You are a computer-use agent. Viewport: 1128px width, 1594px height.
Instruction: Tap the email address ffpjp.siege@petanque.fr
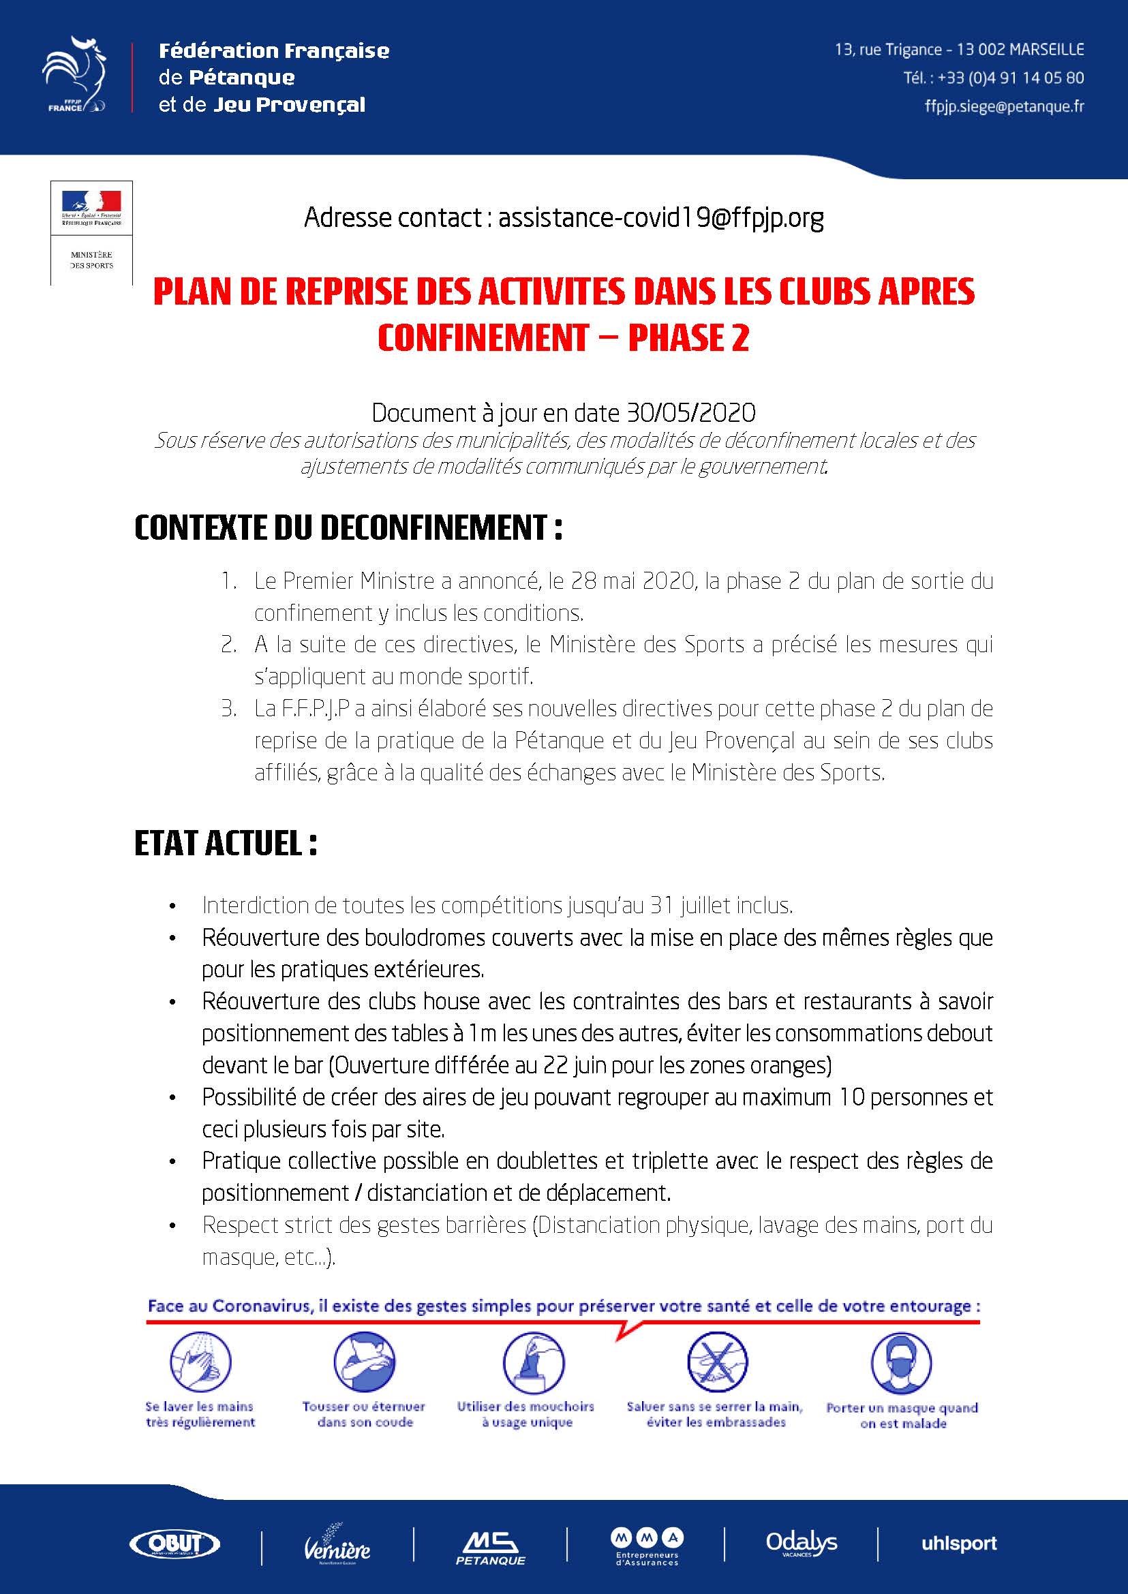[x=1004, y=106]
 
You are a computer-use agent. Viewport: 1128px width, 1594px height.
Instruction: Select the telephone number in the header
[x=1010, y=78]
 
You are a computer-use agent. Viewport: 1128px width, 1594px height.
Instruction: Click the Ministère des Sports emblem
[x=91, y=232]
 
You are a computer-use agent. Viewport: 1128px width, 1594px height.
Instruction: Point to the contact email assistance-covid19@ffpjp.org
[x=660, y=218]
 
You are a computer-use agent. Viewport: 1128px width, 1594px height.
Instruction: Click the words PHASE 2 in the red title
[x=688, y=338]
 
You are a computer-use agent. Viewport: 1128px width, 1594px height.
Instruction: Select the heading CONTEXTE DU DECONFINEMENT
[x=348, y=529]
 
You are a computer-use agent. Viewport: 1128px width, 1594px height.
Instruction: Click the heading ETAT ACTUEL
[x=225, y=844]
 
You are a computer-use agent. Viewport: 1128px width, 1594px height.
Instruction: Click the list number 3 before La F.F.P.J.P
[x=228, y=709]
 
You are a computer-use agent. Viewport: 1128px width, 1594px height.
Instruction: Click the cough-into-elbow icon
[x=364, y=1362]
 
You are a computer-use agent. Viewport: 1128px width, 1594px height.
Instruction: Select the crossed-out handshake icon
[x=716, y=1362]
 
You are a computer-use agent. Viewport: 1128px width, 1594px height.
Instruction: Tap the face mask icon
[x=901, y=1362]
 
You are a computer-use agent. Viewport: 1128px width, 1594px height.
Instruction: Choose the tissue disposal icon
[x=532, y=1362]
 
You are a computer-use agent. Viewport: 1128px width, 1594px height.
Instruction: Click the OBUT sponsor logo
[x=175, y=1544]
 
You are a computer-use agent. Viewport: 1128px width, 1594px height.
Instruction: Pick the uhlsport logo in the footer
[x=958, y=1544]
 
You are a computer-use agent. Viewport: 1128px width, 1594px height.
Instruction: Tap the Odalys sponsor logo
[x=801, y=1544]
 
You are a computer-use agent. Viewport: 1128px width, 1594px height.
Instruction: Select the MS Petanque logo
[x=490, y=1546]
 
